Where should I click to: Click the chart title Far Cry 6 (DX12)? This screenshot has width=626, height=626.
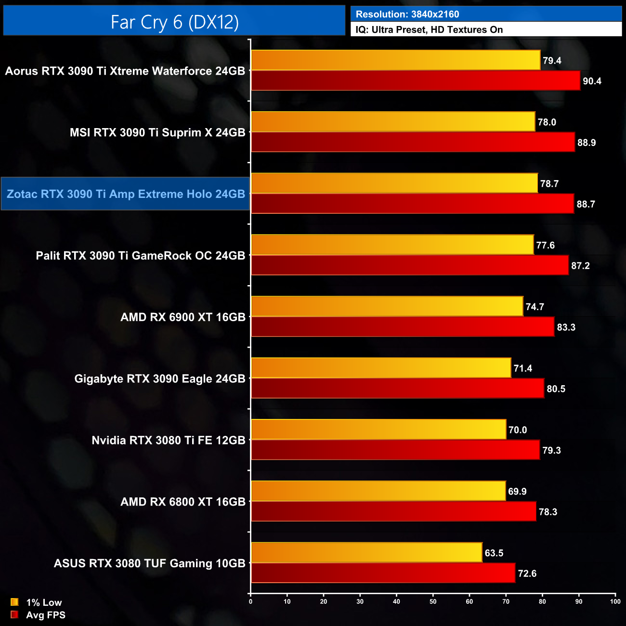pyautogui.click(x=174, y=22)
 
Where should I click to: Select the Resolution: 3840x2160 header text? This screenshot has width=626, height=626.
pyautogui.click(x=407, y=14)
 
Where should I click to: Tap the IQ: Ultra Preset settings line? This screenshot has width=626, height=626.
pyautogui.click(x=429, y=30)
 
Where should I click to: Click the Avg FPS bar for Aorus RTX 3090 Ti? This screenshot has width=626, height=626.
pyautogui.click(x=415, y=81)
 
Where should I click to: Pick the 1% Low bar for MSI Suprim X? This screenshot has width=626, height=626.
pyautogui.click(x=393, y=122)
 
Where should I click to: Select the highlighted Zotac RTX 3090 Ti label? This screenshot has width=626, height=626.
pyautogui.click(x=126, y=194)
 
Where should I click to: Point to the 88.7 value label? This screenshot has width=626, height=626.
pyautogui.click(x=586, y=204)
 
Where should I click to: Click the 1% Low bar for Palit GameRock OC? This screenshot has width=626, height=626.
pyautogui.click(x=392, y=245)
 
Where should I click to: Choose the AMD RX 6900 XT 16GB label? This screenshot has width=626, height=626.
pyautogui.click(x=183, y=317)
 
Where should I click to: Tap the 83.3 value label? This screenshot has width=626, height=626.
pyautogui.click(x=566, y=327)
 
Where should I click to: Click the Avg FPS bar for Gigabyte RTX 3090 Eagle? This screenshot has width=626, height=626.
pyautogui.click(x=397, y=389)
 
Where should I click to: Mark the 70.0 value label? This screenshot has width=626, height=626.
pyautogui.click(x=518, y=430)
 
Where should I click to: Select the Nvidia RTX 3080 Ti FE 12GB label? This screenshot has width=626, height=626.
pyautogui.click(x=169, y=441)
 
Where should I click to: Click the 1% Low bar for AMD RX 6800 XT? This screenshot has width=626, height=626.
pyautogui.click(x=378, y=491)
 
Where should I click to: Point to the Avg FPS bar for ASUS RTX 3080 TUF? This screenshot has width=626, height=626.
pyautogui.click(x=383, y=573)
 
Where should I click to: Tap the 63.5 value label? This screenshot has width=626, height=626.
pyautogui.click(x=494, y=553)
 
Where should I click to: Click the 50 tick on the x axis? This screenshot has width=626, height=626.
pyautogui.click(x=433, y=601)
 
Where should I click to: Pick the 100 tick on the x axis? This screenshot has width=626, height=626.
pyautogui.click(x=615, y=601)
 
